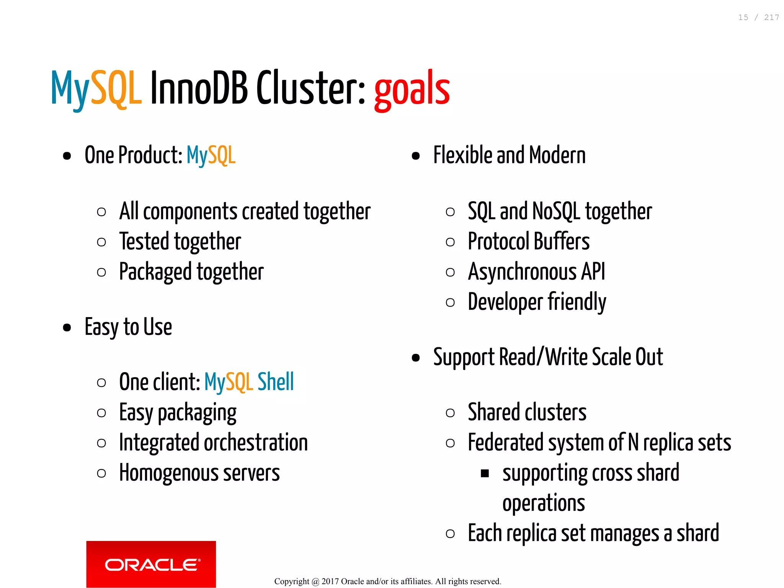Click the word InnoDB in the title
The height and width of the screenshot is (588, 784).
(199, 88)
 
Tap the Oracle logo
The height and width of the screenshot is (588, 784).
(151, 564)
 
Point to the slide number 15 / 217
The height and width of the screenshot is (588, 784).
(758, 18)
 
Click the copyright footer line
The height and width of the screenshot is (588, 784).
(387, 581)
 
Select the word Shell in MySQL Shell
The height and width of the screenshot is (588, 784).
(276, 382)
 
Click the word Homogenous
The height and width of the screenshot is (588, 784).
(168, 473)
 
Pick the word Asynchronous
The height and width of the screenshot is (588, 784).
(522, 272)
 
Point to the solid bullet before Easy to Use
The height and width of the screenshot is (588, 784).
(67, 327)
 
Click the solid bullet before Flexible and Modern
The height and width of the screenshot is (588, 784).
(416, 156)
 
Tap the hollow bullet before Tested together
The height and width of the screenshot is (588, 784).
(101, 242)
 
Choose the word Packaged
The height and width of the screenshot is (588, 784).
(155, 272)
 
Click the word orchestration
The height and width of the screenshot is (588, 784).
(256, 443)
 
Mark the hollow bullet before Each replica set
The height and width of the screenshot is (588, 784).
(450, 534)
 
